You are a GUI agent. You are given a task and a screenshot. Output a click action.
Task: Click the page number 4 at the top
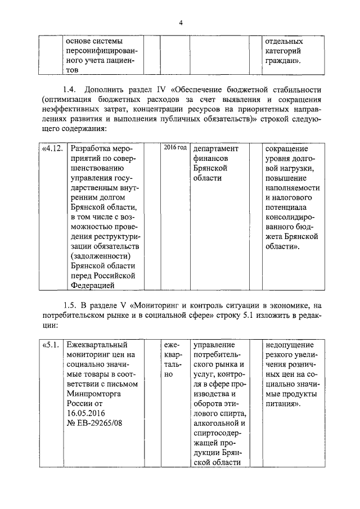[181, 23]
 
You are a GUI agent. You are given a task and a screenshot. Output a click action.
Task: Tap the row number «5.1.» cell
[51, 344]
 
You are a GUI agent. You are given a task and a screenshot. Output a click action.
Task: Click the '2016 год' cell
[175, 147]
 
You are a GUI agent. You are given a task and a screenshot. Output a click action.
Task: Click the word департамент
[216, 149]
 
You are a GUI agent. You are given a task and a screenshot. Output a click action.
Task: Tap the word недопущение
[291, 344]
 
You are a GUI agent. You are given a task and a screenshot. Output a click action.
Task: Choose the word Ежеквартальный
[97, 344]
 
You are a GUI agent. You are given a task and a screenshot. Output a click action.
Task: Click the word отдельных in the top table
[284, 41]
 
